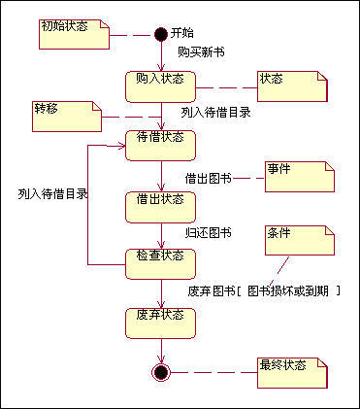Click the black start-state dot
click(x=161, y=34)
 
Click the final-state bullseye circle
click(x=161, y=371)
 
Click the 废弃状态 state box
click(x=161, y=321)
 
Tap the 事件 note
click(x=299, y=176)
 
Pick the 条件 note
click(x=299, y=239)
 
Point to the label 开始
click(x=181, y=33)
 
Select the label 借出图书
click(x=208, y=178)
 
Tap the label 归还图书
click(x=208, y=232)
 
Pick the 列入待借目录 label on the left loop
click(x=52, y=193)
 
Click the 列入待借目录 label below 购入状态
click(x=215, y=112)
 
